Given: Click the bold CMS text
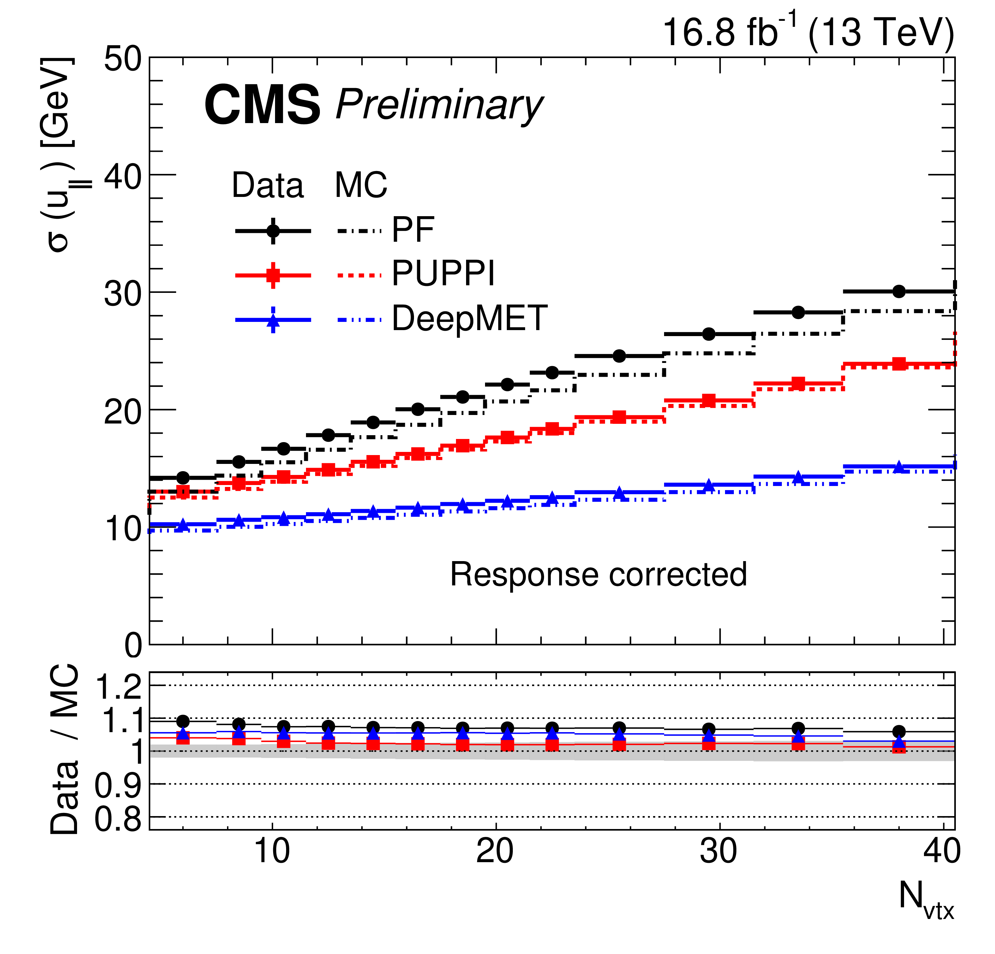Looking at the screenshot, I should click(262, 105).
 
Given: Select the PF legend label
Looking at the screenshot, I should click(413, 230).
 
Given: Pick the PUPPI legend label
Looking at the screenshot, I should click(443, 274).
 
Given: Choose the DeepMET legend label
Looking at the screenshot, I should click(470, 319).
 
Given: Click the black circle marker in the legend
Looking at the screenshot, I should click(273, 231).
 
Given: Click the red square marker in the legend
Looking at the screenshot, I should click(273, 276).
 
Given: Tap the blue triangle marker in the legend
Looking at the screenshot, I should click(273, 320).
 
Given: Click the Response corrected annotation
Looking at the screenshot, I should click(598, 574).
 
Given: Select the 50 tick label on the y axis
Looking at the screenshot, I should click(122, 60).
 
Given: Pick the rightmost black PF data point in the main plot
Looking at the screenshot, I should click(899, 291).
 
